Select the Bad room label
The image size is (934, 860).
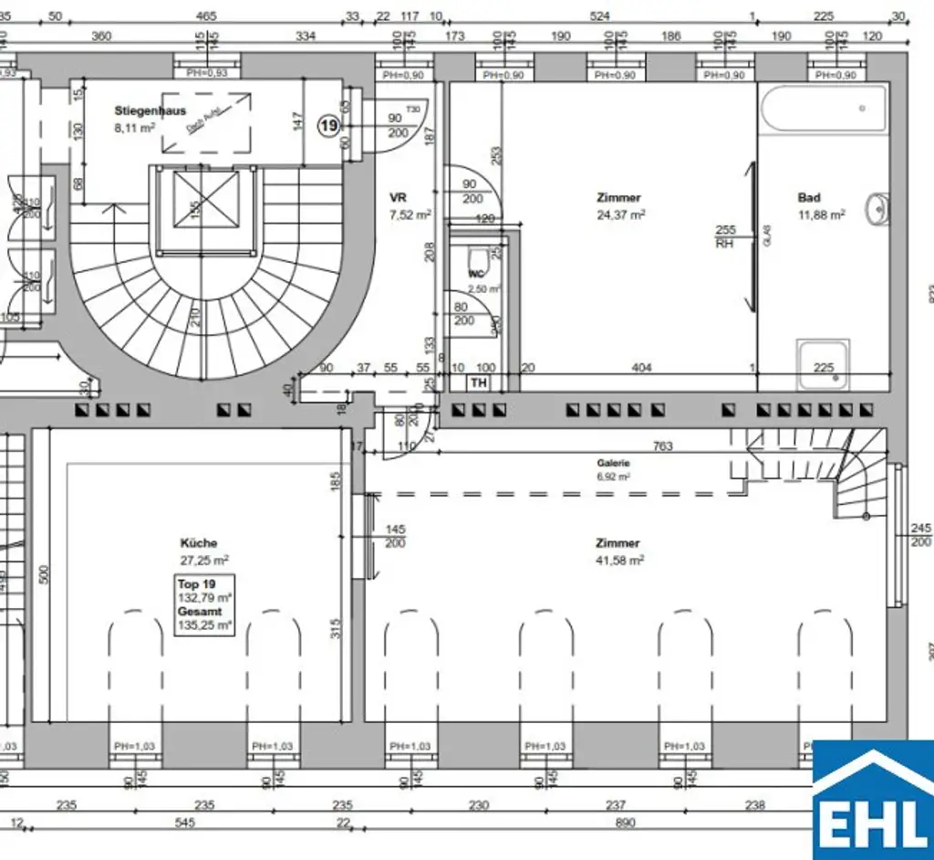pyautogui.click(x=809, y=197)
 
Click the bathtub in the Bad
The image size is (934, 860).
pyautogui.click(x=824, y=110)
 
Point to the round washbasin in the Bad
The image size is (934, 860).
pyautogui.click(x=878, y=209)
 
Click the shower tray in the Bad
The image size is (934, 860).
pyautogui.click(x=824, y=362)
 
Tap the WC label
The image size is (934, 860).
pyautogui.click(x=475, y=274)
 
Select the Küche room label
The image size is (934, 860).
pyautogui.click(x=198, y=543)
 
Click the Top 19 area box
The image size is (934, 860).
pyautogui.click(x=204, y=604)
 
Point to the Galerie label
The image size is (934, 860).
pyautogui.click(x=613, y=463)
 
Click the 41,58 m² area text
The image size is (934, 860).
pyautogui.click(x=618, y=560)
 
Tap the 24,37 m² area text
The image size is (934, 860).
pyautogui.click(x=620, y=215)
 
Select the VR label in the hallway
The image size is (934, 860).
pyautogui.click(x=398, y=197)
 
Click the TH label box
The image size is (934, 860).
pyautogui.click(x=479, y=383)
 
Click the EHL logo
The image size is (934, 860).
pyautogui.click(x=872, y=800)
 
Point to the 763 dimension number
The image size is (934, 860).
pyautogui.click(x=663, y=446)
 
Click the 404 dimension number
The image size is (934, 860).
pyautogui.click(x=642, y=368)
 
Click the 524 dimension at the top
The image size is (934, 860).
pyautogui.click(x=599, y=16)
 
